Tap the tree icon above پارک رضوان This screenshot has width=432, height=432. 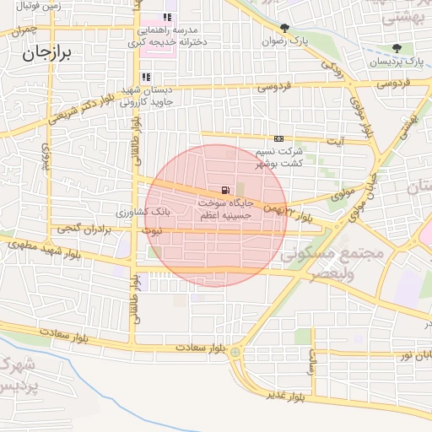click(284, 27)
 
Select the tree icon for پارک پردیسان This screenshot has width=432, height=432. click(397, 48)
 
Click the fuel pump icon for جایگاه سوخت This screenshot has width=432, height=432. click(224, 191)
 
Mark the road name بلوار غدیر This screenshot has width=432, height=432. click(287, 393)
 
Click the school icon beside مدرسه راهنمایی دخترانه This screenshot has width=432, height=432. click(168, 17)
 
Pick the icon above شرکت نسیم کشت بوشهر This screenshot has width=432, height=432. click(278, 139)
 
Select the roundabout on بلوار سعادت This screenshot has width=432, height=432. click(235, 350)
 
